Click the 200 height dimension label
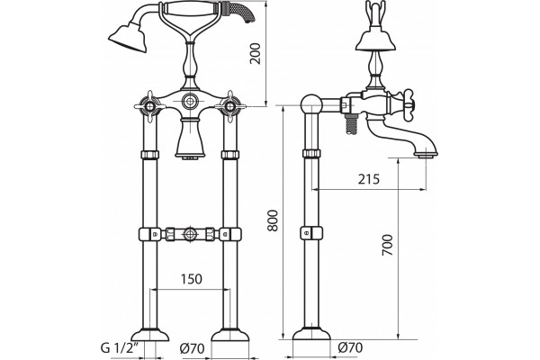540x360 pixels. pyautogui.click(x=256, y=53)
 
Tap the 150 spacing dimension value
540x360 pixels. pyautogui.click(x=192, y=279)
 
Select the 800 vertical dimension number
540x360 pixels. pyautogui.click(x=273, y=220)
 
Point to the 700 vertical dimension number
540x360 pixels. pyautogui.click(x=387, y=245)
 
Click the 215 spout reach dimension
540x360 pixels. pyautogui.click(x=368, y=179)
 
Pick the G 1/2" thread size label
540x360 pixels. pyautogui.click(x=120, y=348)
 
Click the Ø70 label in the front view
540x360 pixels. pyautogui.click(x=192, y=348)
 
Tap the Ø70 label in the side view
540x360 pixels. pyautogui.click(x=350, y=347)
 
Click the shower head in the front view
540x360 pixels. pyautogui.click(x=128, y=37)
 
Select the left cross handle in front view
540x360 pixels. pyautogui.click(x=149, y=106)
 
